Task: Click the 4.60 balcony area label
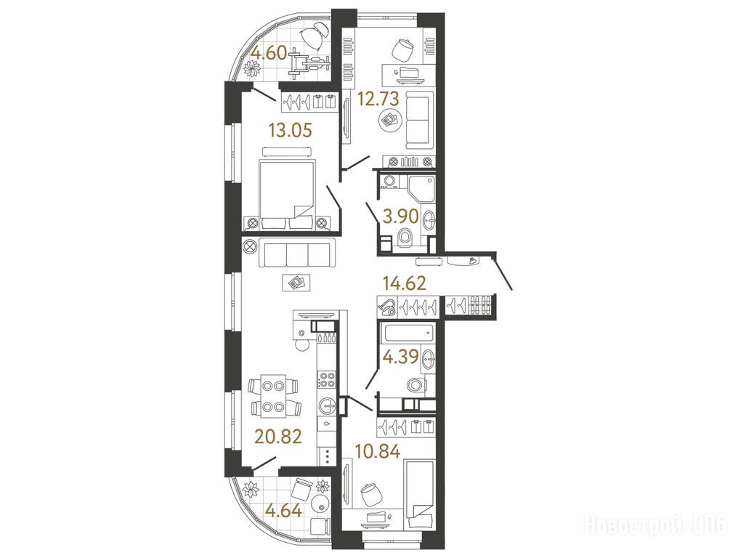(268, 53)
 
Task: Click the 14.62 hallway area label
(405, 283)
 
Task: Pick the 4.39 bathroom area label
(400, 356)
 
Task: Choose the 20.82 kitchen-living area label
(277, 437)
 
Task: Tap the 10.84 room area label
(378, 452)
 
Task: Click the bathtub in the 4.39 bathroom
(407, 334)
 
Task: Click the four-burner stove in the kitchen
(327, 379)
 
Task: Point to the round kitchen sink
(328, 405)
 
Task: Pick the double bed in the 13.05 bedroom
(287, 195)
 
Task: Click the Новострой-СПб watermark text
(656, 524)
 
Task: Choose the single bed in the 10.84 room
(421, 496)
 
